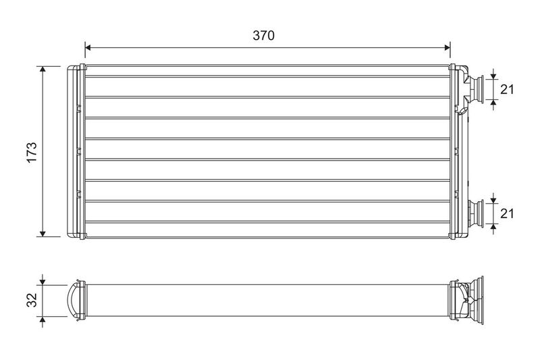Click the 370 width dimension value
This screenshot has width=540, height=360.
[263, 36]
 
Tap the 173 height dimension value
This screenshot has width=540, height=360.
[30, 151]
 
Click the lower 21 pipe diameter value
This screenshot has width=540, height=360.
[508, 213]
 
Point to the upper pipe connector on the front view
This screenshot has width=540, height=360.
[480, 88]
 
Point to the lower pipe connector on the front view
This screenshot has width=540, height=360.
[480, 213]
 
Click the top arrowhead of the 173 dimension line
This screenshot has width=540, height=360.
[43, 70]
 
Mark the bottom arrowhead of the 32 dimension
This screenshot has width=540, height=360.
[43, 315]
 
